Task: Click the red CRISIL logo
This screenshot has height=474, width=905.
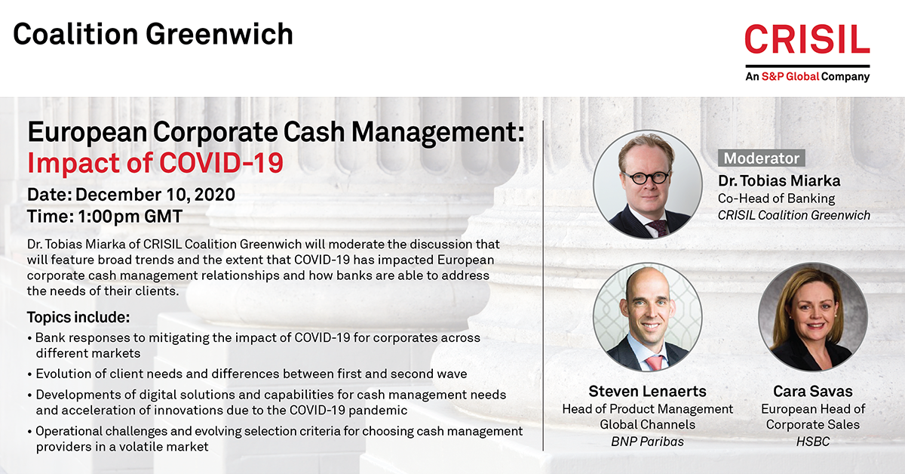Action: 807,38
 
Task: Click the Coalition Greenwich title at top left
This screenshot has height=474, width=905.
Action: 152,34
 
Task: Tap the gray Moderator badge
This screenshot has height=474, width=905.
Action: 761,159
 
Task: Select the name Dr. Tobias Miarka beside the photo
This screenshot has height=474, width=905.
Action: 779,181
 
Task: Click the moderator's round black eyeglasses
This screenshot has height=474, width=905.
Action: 646,177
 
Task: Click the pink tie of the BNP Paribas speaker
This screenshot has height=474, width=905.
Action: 655,362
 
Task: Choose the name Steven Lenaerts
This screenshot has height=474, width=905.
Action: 647,391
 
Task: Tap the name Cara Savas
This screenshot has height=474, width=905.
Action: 813,391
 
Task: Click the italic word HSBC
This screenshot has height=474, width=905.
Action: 813,442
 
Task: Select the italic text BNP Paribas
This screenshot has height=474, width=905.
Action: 647,442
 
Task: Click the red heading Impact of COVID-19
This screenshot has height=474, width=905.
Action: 155,162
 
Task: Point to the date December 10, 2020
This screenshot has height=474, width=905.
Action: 155,195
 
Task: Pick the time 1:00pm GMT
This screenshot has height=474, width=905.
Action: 130,217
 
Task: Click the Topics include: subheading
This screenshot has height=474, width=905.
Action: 78,317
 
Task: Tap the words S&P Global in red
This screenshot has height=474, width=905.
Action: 790,76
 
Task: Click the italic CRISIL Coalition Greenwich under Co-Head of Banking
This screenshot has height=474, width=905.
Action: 794,215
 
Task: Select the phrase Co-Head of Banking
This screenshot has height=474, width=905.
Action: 776,199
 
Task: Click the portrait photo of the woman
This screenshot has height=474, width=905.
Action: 813,317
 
